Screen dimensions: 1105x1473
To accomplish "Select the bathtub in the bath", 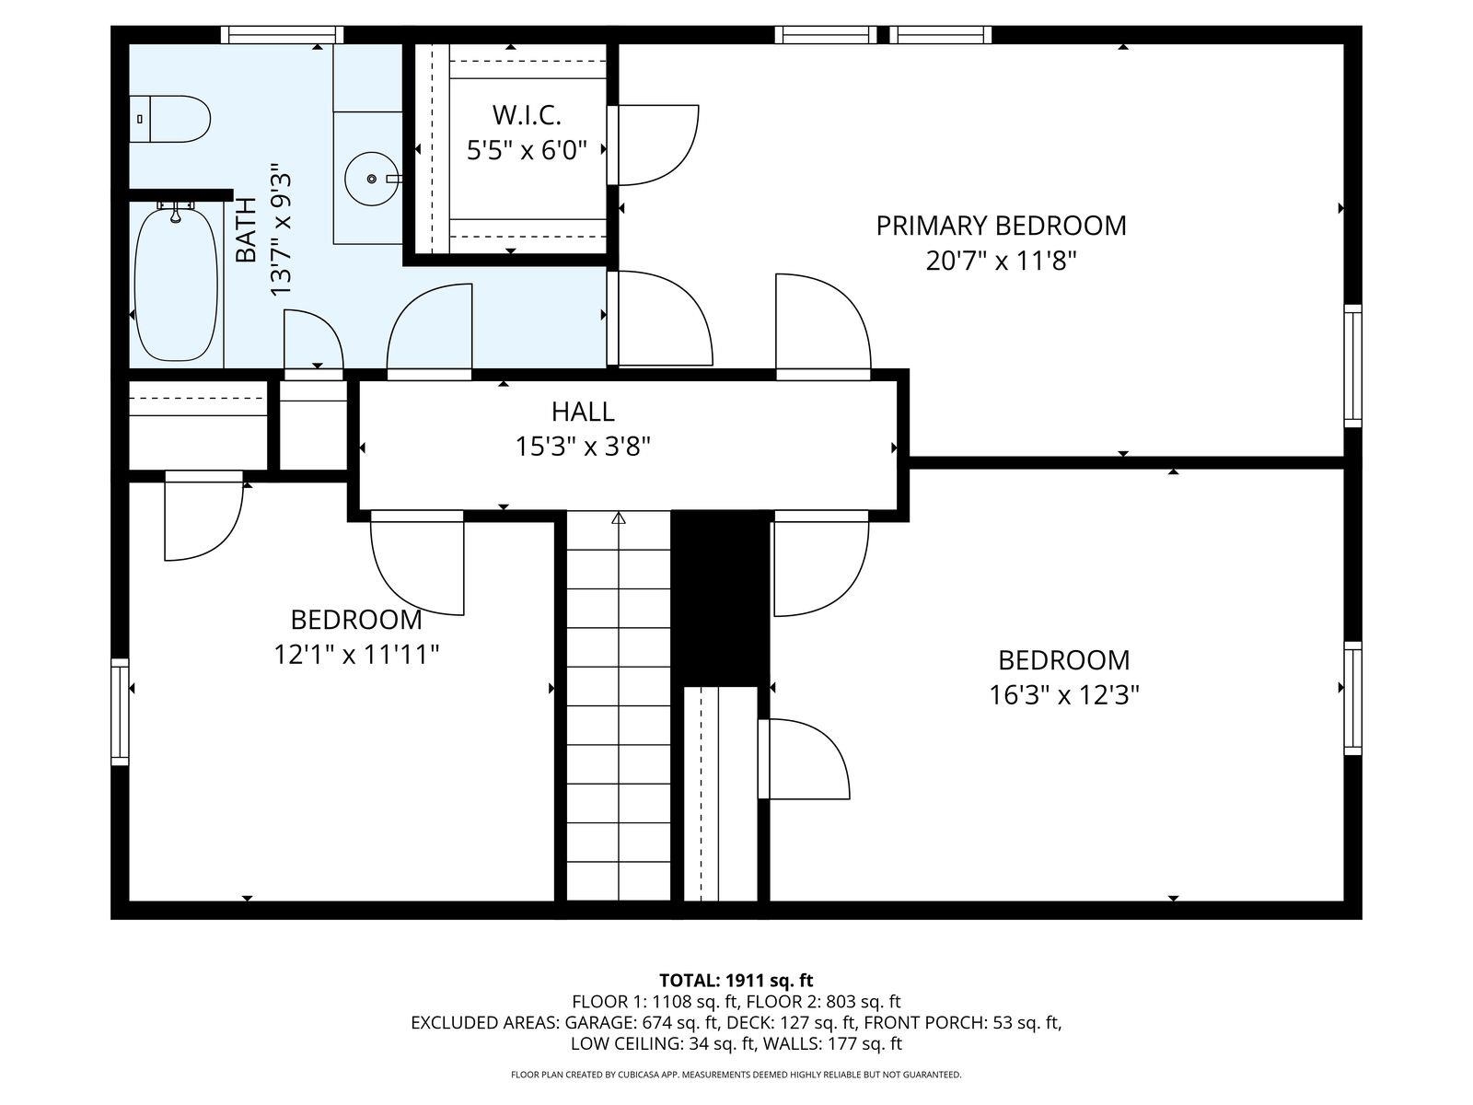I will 176,284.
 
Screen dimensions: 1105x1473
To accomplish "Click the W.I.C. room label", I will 526,115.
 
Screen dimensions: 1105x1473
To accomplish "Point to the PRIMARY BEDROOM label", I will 1001,226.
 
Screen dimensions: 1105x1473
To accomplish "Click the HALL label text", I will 583,411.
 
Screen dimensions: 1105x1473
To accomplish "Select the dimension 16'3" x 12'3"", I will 1064,695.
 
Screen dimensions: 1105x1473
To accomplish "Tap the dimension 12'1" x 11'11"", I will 356,655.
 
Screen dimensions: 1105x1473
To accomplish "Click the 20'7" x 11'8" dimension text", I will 1001,262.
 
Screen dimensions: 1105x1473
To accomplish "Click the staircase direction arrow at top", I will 619,519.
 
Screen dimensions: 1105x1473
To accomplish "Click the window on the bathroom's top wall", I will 283,35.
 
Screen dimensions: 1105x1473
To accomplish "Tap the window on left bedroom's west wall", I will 120,711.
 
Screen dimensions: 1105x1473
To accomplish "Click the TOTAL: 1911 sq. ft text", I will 736,980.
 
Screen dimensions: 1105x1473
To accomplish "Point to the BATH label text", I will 246,230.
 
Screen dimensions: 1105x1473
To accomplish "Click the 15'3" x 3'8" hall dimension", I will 583,447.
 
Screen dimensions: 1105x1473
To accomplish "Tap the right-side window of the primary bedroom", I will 1352,366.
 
